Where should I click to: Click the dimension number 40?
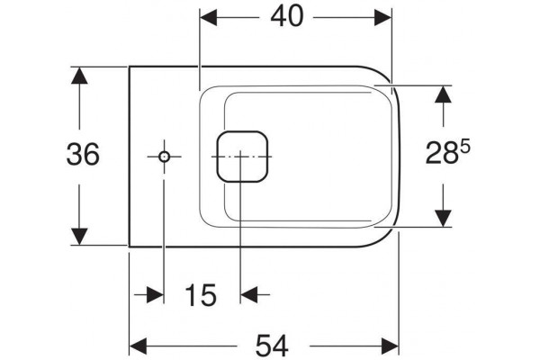[287, 16]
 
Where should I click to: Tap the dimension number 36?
[83, 154]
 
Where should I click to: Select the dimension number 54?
[272, 346]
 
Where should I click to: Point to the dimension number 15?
[201, 295]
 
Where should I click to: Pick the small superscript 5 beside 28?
[464, 147]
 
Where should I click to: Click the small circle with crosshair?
[165, 157]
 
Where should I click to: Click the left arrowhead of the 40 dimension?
[209, 17]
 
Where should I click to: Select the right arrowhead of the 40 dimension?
[383, 17]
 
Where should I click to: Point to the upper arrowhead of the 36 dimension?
[79, 76]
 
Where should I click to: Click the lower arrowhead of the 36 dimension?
[79, 237]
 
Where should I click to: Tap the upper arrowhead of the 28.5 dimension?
[443, 94]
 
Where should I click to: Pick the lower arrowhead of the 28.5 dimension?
[443, 218]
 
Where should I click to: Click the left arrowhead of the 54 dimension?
[138, 346]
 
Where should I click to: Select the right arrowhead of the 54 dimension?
[391, 346]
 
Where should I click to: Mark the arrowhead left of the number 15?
[155, 295]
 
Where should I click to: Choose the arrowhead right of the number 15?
[249, 295]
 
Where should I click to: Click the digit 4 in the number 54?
[281, 346]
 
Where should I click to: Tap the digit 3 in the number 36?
[75, 154]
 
